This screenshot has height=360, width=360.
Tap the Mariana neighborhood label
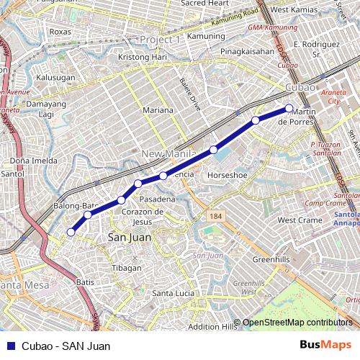pos(158,110)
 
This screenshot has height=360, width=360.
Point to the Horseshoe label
pos(228,175)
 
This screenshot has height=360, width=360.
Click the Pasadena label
pos(157,199)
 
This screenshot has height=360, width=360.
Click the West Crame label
pos(300,220)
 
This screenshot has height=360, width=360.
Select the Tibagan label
pos(127,268)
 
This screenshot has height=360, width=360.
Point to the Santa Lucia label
pos(174,293)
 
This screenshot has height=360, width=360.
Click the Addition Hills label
pos(212,326)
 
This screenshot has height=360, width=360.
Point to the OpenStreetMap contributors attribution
pos(297,322)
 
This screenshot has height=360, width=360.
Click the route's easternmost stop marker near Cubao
pos(289,109)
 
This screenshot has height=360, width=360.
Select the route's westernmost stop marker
pos(71,232)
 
